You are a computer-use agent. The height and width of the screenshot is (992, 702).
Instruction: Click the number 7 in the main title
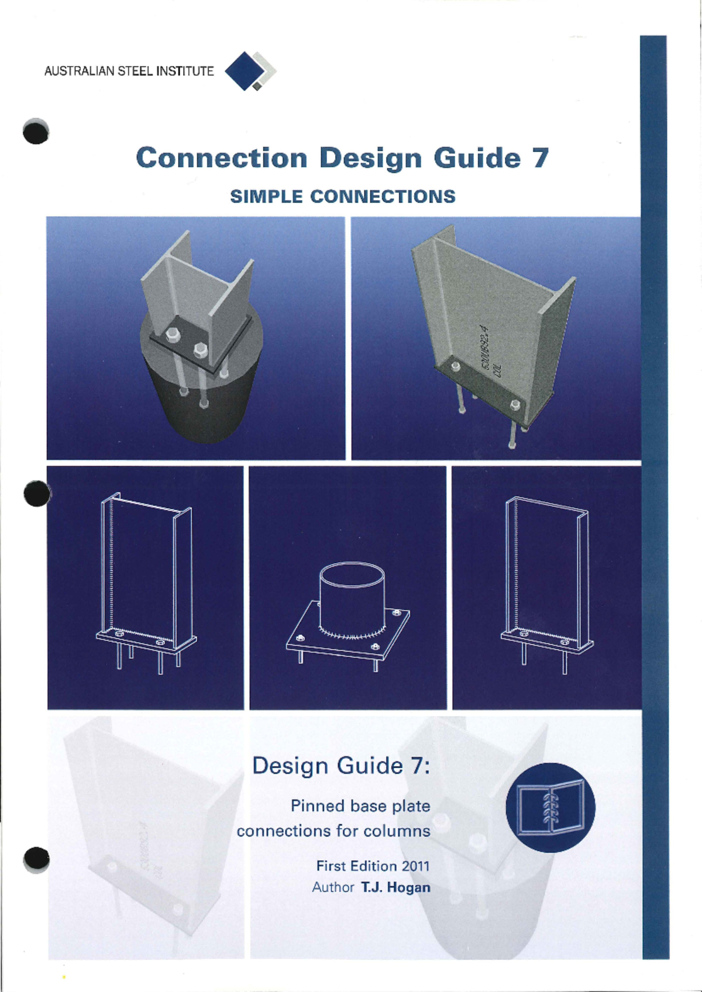(540, 158)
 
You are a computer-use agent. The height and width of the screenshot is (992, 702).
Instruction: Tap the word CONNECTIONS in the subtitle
(383, 197)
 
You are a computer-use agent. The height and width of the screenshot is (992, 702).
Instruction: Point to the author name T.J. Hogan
(395, 887)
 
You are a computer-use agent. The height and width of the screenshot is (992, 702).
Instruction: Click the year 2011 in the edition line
(415, 866)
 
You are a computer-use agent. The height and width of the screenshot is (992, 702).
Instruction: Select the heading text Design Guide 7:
(341, 765)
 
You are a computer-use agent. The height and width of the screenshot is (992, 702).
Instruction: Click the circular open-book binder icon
(550, 807)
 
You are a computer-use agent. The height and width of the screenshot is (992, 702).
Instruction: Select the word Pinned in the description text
(318, 806)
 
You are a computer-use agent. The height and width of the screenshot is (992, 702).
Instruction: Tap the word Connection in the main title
(221, 158)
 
